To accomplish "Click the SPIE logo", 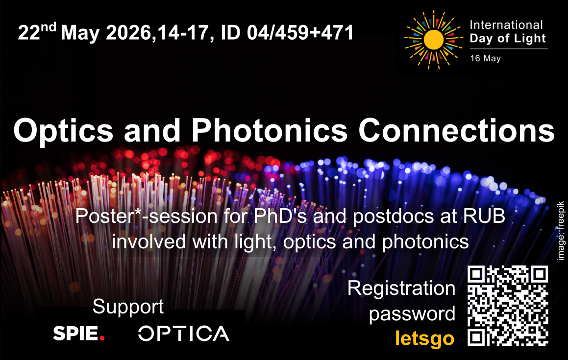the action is pos(79,333).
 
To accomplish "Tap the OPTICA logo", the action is pos(184,334).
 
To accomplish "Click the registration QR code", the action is pos(508,306).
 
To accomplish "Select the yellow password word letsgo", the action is pos(424,338).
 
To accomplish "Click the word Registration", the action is pos(401,288).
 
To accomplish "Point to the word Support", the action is pos(128,307).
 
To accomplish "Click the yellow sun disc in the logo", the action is pos(434,40).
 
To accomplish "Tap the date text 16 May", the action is pos(485,58).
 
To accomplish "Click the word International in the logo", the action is pos(506,25).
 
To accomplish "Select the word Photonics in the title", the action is pos(270,130).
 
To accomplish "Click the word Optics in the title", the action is pos(63,130).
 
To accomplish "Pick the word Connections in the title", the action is pos(456,130).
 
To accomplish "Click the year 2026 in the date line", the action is pos(128,33).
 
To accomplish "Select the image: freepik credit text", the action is pos(560,231).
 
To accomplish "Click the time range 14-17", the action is pos(183,33).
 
